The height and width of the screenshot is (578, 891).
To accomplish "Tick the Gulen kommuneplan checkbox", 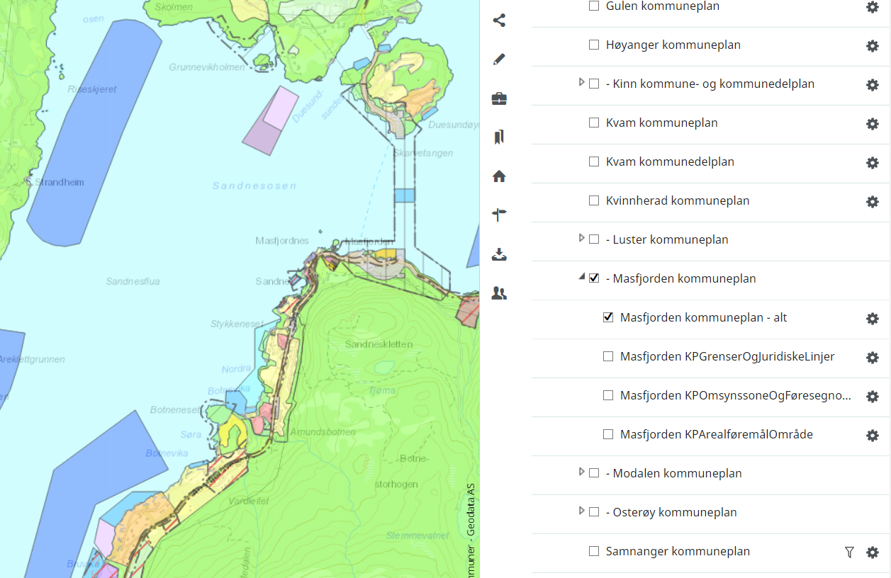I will (594, 6).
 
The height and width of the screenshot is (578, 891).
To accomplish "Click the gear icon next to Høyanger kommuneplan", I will (873, 46).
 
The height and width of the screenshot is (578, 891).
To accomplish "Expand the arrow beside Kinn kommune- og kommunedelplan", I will (582, 83).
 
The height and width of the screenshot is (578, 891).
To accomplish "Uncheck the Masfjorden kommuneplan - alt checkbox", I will (608, 317).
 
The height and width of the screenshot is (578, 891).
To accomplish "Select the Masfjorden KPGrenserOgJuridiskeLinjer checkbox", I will (608, 356).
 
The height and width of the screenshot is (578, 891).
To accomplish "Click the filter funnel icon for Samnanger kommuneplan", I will (849, 552).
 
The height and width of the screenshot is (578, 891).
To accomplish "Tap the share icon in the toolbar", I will (499, 21).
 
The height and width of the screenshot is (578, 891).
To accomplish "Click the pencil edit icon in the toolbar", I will (499, 59).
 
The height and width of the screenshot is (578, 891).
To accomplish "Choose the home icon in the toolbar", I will (499, 176).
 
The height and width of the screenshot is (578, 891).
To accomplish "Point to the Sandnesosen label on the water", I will (254, 186).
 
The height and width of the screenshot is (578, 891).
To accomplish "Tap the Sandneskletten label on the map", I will (379, 344).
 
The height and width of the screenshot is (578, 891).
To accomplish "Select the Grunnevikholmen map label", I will (207, 67).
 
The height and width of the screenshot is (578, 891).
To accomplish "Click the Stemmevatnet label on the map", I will (418, 535).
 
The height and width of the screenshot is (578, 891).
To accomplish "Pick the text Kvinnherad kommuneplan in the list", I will (677, 200).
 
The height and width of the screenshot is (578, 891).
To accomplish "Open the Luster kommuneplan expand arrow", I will (582, 239).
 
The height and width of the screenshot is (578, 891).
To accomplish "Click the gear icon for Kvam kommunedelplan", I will (873, 163).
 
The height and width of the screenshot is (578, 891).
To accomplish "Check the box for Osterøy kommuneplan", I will (594, 512).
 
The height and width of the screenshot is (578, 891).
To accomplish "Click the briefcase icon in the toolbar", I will (499, 98).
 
